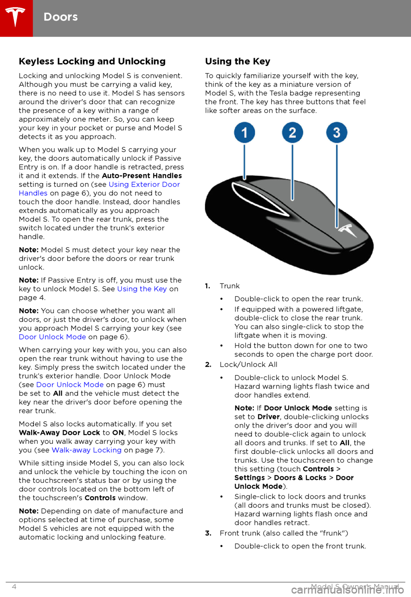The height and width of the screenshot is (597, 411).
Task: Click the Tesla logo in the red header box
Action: [16, 18]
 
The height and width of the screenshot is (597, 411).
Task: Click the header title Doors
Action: [61, 17]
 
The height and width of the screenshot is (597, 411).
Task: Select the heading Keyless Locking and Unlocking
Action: [92, 61]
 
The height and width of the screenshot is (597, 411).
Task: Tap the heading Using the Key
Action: [238, 61]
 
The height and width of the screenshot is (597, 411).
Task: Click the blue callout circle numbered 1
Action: [244, 133]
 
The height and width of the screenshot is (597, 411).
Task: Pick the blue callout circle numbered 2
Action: [292, 133]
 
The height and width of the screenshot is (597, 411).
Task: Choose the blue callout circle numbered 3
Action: [337, 133]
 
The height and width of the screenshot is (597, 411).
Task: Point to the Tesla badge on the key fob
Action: [348, 231]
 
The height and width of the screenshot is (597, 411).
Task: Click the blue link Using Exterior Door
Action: [144, 184]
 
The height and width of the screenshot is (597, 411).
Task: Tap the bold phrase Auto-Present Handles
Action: [142, 176]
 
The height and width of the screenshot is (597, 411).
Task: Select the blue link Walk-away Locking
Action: [86, 450]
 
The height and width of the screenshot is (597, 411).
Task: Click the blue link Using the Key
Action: [142, 289]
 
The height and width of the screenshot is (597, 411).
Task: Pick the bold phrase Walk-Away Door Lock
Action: [59, 433]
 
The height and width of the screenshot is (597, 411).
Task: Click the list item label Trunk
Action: [229, 286]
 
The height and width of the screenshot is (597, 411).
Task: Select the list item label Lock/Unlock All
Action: [248, 364]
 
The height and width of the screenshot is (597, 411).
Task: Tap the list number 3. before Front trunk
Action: [208, 533]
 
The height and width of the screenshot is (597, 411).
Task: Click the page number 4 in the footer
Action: [14, 587]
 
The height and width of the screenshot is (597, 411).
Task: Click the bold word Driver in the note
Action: [268, 417]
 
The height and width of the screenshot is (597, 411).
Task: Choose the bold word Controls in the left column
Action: [100, 498]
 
